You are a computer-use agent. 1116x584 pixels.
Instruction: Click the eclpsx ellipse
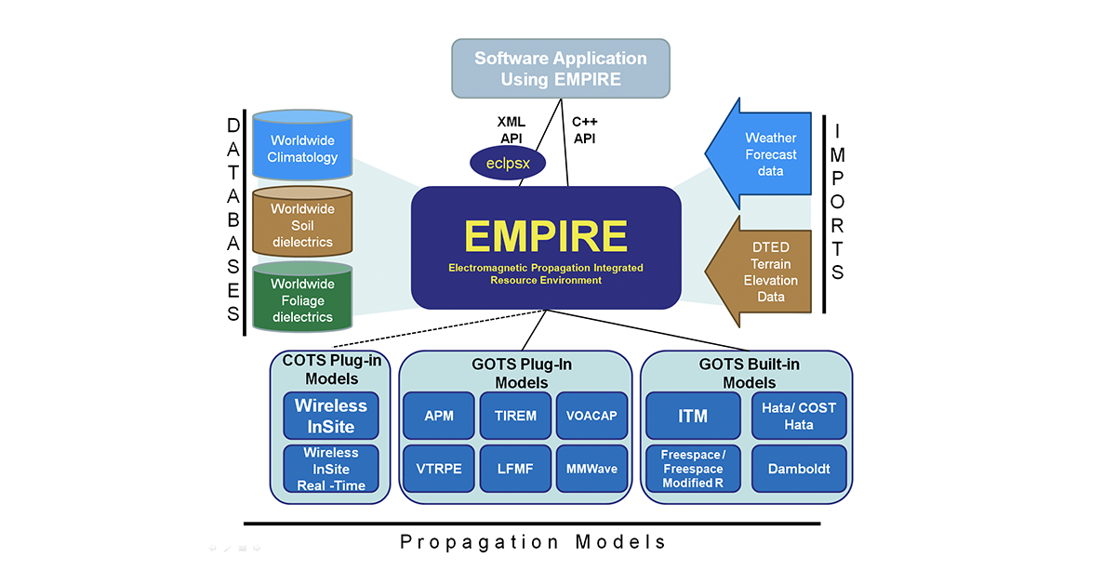point(507,165)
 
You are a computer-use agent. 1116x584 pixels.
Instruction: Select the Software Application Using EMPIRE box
point(561,68)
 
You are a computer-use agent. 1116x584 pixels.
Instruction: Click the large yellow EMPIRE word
point(546,236)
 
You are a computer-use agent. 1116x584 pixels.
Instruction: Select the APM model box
point(439,416)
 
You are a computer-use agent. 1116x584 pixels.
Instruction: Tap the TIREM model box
point(515,416)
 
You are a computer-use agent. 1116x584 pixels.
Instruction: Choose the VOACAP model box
point(591,416)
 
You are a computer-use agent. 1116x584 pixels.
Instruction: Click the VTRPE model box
point(439,470)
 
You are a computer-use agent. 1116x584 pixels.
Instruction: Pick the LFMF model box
point(515,470)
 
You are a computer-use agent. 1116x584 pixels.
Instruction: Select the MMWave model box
point(591,470)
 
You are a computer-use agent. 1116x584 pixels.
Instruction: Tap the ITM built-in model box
point(693,416)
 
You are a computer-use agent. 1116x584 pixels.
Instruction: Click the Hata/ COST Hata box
point(799,416)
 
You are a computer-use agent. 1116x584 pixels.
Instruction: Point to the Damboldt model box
point(799,470)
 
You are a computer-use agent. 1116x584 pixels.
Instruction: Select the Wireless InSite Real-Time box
point(331,469)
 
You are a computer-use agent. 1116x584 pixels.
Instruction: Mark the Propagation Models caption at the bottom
point(533,542)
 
